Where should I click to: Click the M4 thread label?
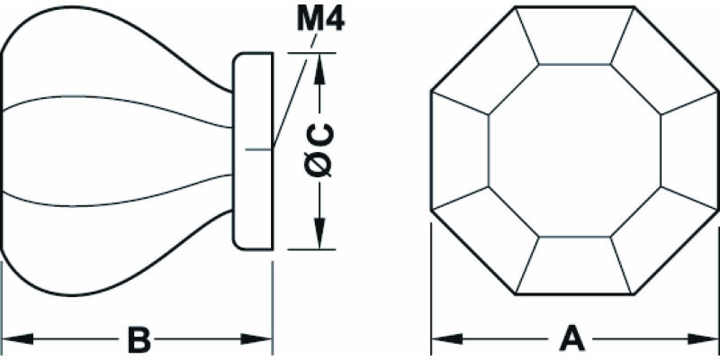[320, 19]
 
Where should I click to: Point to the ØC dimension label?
[319, 150]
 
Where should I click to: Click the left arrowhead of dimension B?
[18, 339]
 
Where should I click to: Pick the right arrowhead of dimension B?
[256, 339]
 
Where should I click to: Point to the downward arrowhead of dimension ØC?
[319, 233]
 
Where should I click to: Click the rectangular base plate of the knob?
[253, 151]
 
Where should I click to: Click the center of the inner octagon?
[574, 150]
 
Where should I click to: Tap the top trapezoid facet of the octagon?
[574, 35]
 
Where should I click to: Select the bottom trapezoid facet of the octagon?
[574, 265]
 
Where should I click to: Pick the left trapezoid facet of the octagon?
[460, 150]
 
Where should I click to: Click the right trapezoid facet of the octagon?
[689, 150]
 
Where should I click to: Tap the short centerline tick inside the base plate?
[259, 149]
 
